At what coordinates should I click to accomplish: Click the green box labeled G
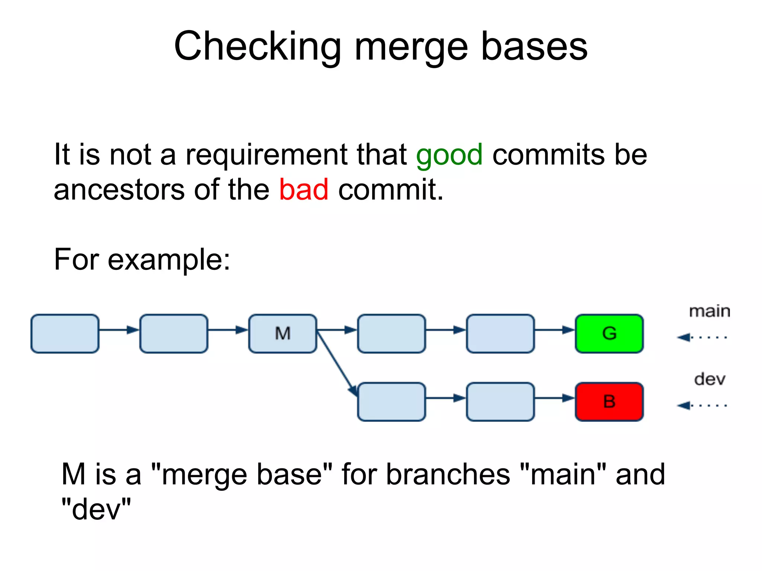pos(609,333)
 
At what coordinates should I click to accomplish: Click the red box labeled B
pos(609,401)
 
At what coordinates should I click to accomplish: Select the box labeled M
pos(282,333)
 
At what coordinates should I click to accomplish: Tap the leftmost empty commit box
pos(65,333)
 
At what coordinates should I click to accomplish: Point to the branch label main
pos(710,311)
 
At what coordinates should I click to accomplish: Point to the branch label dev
pos(710,379)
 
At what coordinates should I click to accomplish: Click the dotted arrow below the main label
pos(701,337)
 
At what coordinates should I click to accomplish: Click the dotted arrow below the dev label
pos(701,405)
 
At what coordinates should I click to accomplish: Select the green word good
pos(449,155)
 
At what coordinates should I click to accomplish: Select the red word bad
pos(304,190)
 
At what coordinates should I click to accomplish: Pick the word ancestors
pos(119,190)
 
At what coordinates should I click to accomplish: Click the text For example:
pos(142,259)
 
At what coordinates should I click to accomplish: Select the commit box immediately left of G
pos(500,333)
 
